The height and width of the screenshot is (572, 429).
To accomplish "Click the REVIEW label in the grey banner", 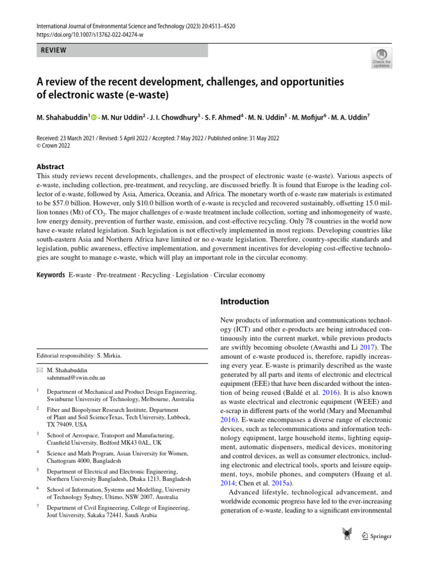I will click(x=54, y=50).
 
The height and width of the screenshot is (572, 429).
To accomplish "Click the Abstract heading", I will click(x=50, y=166).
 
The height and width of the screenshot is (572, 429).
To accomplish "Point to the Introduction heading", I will click(x=245, y=302).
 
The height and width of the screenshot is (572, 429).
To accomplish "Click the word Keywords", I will click(x=51, y=275).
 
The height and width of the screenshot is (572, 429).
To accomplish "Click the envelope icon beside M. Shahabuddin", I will click(x=39, y=370).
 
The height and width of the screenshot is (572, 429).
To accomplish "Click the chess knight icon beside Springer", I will click(x=346, y=535).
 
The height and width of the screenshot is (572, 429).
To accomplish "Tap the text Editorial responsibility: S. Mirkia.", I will click(x=78, y=355).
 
